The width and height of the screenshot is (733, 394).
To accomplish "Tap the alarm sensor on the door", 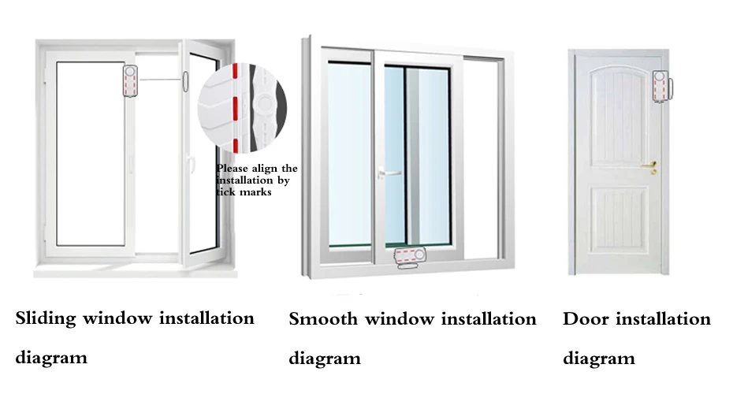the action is (662, 87).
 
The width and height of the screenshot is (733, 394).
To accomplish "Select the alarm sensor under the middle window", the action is (410, 258).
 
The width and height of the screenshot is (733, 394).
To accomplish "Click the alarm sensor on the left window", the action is (130, 81).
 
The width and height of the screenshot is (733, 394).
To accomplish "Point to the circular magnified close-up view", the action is (242, 107).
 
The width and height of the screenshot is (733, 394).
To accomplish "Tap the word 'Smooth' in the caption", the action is (323, 319).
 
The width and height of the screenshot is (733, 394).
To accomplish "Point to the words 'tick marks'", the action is (244, 192).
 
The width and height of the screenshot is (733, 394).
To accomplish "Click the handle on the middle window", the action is (388, 173).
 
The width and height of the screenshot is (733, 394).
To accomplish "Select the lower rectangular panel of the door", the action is (619, 221).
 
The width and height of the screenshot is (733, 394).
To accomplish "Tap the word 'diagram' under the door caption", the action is (599, 359).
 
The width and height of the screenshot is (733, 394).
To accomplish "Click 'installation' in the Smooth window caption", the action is (489, 319).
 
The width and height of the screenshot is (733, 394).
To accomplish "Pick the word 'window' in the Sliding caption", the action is (117, 319).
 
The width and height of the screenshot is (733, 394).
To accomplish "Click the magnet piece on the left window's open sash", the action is (185, 81).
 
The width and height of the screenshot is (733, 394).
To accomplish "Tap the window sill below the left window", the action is (136, 273).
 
